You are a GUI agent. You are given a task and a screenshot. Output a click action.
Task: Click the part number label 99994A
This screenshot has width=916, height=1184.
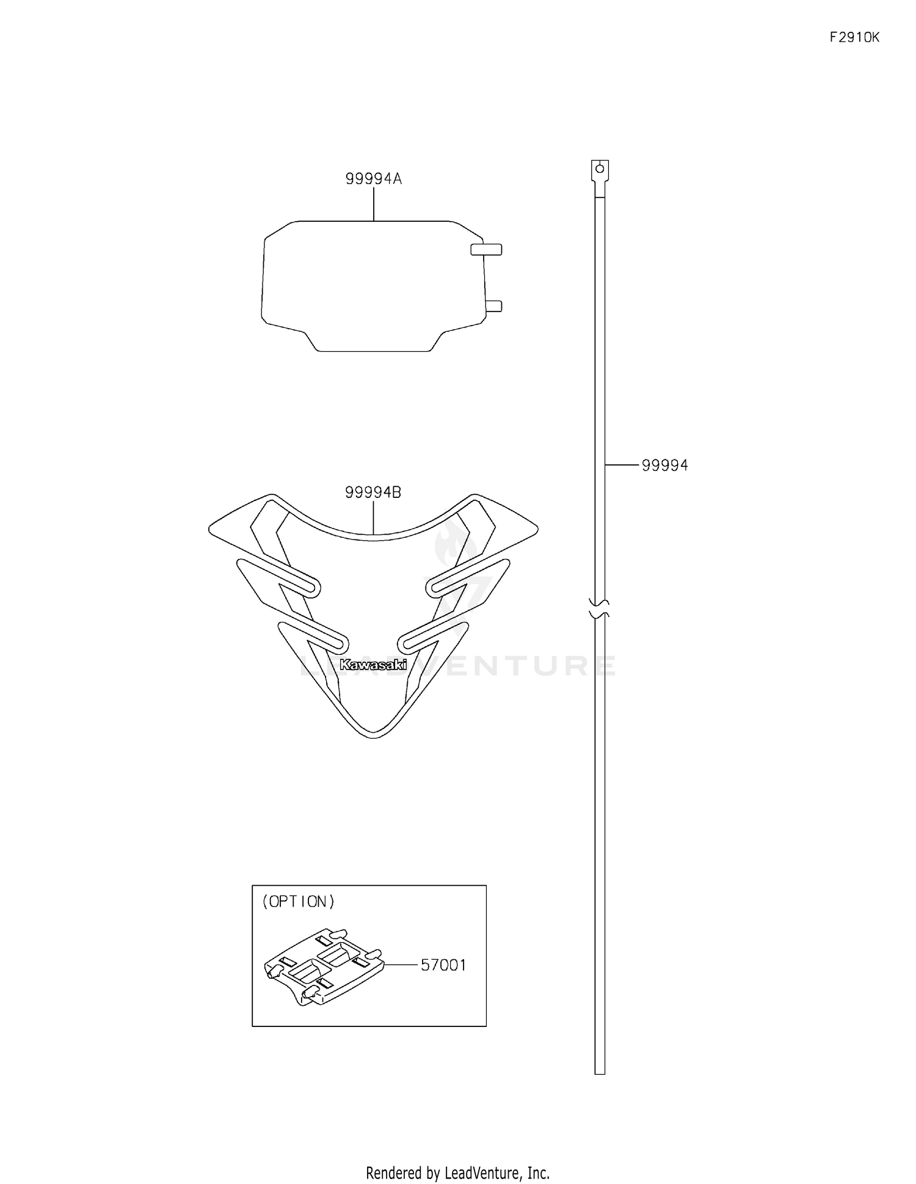pyautogui.click(x=373, y=179)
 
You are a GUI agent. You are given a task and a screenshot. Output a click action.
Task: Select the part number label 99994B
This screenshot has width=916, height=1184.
pyautogui.click(x=373, y=492)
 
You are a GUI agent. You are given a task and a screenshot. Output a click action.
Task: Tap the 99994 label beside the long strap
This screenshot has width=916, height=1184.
pyautogui.click(x=664, y=466)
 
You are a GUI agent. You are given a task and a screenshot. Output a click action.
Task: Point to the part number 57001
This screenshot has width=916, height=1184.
pyautogui.click(x=443, y=965)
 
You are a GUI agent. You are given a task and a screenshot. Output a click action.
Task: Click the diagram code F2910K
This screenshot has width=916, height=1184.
pyautogui.click(x=854, y=37)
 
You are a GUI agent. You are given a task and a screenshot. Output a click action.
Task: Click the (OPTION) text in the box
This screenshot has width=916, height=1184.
pyautogui.click(x=299, y=902)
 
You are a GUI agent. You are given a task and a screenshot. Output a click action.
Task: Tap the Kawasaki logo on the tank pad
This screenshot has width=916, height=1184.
pyautogui.click(x=373, y=665)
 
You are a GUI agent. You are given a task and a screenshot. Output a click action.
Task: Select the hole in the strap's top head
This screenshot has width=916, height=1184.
pyautogui.click(x=600, y=169)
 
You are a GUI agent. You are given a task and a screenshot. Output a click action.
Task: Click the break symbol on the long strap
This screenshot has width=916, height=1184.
pyautogui.click(x=600, y=608)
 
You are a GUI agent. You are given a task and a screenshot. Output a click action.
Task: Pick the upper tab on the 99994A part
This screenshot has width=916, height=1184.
pyautogui.click(x=486, y=249)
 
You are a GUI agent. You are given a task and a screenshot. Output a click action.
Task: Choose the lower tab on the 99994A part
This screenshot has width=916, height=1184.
pyautogui.click(x=493, y=305)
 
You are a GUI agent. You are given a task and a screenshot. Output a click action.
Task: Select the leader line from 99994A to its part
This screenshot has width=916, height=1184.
pyautogui.click(x=374, y=204)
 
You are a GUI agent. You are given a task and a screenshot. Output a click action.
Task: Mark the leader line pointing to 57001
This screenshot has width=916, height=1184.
pyautogui.click(x=401, y=965)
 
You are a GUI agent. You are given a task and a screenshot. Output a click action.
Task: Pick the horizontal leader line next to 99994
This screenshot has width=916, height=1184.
pyautogui.click(x=622, y=466)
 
